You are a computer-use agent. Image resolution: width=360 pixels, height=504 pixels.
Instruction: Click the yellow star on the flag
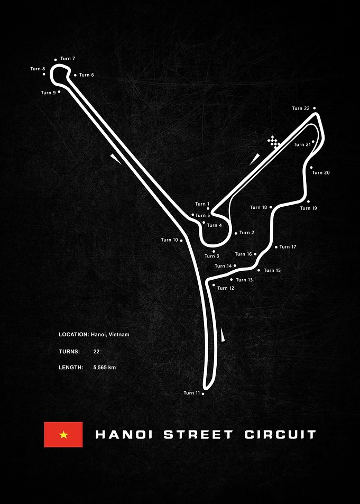point(63,435)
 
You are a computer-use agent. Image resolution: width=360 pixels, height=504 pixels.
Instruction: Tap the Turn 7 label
point(68,59)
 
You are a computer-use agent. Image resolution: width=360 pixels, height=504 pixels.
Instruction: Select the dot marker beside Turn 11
point(203,393)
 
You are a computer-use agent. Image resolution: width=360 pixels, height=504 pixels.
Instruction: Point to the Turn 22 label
point(301,108)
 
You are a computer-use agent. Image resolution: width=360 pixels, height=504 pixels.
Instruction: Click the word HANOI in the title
point(124,435)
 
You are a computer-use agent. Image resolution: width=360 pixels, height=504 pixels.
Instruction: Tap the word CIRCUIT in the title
point(280,435)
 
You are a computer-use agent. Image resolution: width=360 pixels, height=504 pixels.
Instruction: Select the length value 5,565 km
point(105,368)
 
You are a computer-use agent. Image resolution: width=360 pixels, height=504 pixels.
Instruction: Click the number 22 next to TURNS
point(96,352)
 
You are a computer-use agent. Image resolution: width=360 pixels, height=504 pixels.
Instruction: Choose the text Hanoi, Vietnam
point(110,335)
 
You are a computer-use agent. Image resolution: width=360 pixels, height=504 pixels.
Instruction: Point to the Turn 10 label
point(169,240)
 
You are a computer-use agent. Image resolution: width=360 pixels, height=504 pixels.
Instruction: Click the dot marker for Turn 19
point(308,201)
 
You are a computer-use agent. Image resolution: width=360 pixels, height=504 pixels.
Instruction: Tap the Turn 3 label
point(212,256)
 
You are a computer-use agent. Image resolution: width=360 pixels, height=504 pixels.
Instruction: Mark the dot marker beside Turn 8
point(44,74)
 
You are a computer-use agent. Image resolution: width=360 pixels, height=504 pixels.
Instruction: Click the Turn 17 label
point(288,247)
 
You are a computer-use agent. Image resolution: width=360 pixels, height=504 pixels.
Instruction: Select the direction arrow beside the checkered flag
point(254,159)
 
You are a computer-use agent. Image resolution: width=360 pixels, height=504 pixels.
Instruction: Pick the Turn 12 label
point(226,288)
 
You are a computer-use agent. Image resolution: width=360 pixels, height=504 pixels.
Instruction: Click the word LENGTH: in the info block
point(71,368)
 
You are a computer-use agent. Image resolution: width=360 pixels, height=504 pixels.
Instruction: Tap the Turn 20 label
point(321,172)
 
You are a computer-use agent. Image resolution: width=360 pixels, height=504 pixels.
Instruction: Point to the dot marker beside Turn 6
point(75,75)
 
